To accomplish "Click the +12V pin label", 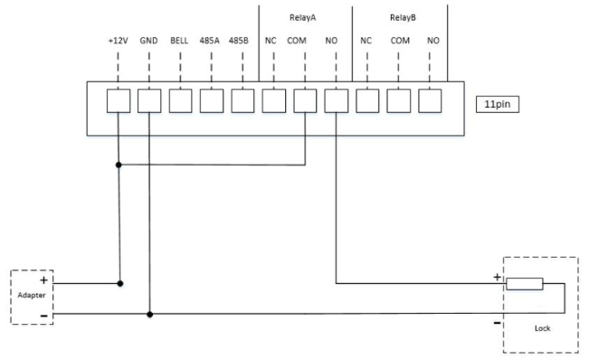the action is pyautogui.click(x=118, y=41).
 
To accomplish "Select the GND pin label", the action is pyautogui.click(x=148, y=41).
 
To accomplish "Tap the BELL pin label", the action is pyautogui.click(x=179, y=41).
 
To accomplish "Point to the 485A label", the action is pyautogui.click(x=209, y=41).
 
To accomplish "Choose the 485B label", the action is pyautogui.click(x=239, y=41).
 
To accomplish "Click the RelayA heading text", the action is pyautogui.click(x=303, y=18).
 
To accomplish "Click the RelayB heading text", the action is pyautogui.click(x=403, y=18).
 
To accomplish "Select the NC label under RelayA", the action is pyautogui.click(x=271, y=41).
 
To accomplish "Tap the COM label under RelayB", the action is pyautogui.click(x=400, y=41).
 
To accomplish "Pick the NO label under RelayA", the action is pyautogui.click(x=331, y=41).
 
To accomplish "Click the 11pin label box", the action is pyautogui.click(x=498, y=104).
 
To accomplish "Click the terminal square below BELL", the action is pyautogui.click(x=180, y=101).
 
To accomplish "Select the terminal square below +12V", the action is pyautogui.click(x=119, y=101).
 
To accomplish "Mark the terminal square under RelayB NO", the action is pyautogui.click(x=430, y=101).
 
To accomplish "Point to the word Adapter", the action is pyautogui.click(x=32, y=296).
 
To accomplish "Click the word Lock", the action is pyautogui.click(x=543, y=328).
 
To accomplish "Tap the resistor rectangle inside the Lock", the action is pyautogui.click(x=525, y=284).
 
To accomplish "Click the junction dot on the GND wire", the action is pyautogui.click(x=149, y=315).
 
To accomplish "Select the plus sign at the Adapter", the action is pyautogui.click(x=44, y=280).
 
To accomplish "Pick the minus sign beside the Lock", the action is pyautogui.click(x=497, y=323).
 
